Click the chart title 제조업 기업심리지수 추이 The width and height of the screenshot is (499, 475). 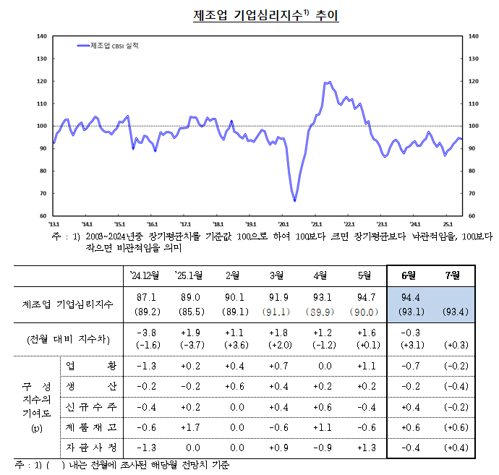coord(265,15)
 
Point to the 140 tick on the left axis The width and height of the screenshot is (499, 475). coord(41,36)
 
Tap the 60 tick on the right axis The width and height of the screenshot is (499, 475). coord(473,215)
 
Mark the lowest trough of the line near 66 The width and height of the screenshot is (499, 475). coord(294,200)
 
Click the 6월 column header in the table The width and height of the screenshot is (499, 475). coord(409,275)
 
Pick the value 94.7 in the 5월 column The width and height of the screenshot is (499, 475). coord(364,297)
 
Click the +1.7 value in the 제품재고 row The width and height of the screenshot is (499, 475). coord(191,427)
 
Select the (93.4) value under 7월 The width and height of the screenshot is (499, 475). coord(453,312)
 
